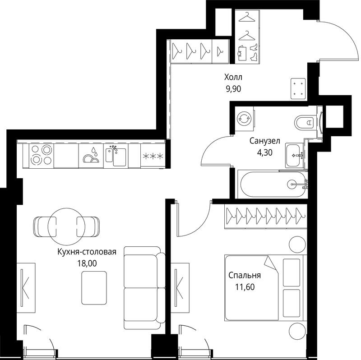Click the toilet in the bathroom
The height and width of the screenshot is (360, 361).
[304, 122]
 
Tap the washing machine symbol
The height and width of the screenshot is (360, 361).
[244, 119]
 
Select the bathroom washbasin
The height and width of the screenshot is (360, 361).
[294, 155]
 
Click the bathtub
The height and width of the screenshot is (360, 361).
[273, 184]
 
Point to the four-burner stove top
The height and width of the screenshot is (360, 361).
[41, 155]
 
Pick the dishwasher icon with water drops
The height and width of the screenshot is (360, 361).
[91, 156]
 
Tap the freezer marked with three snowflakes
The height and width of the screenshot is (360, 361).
[153, 156]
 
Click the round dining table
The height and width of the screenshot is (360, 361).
[66, 226]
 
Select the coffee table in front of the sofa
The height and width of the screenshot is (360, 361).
[94, 288]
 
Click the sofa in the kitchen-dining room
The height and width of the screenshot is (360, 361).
[144, 288]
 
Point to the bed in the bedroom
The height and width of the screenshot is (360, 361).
[265, 288]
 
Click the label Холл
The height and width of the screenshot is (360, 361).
[233, 77]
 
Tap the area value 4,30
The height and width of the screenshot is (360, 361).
[265, 152]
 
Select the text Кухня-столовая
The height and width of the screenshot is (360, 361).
[87, 252]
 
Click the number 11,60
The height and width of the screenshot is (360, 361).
[245, 287]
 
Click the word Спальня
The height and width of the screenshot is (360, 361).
[245, 275]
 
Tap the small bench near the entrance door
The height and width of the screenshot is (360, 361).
[298, 88]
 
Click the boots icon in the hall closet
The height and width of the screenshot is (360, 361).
[254, 52]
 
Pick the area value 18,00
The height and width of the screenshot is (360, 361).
[87, 263]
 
